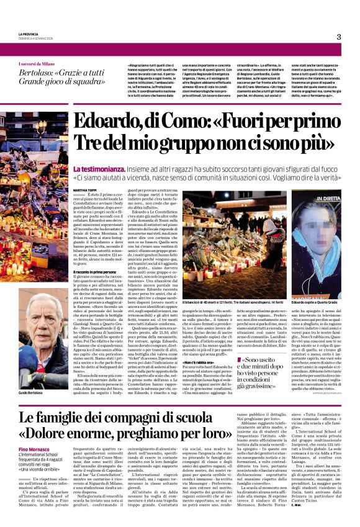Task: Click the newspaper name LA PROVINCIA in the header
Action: [x=29, y=34]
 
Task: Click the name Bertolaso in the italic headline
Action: [x=34, y=73]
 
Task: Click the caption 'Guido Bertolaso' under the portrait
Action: [x=30, y=376]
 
